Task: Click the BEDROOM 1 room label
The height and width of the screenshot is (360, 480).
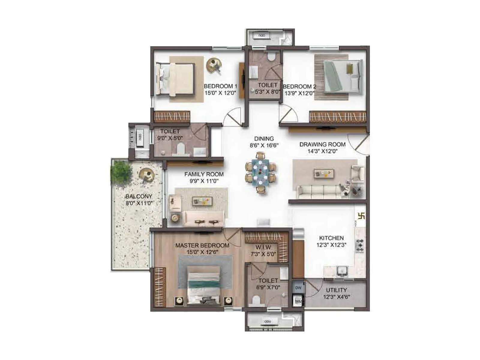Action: [220, 86]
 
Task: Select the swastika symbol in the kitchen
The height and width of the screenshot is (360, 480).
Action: [361, 216]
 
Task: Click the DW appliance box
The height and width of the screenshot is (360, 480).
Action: [298, 287]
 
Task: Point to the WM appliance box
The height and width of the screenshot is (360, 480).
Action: [298, 301]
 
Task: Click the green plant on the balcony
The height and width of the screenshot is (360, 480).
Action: [121, 173]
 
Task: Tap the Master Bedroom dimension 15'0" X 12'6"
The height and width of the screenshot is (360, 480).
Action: [202, 252]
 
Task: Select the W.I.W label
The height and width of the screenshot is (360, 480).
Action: [263, 247]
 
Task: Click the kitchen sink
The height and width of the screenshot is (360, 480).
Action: [341, 271]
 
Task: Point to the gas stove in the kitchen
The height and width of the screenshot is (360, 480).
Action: [360, 245]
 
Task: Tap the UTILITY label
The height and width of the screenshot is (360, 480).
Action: [336, 290]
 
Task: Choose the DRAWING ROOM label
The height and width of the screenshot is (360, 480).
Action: [322, 145]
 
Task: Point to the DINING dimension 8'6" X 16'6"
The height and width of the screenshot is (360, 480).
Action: [264, 145]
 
